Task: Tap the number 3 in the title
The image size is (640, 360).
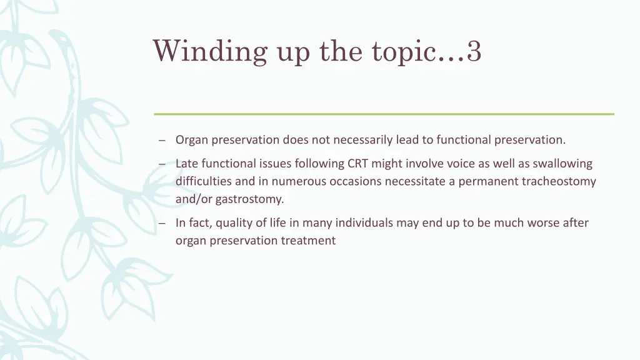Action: click(x=474, y=51)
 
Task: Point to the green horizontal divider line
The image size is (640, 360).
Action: click(x=384, y=114)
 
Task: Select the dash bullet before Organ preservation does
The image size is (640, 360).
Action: click(x=162, y=141)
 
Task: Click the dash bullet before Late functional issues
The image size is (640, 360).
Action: click(x=162, y=164)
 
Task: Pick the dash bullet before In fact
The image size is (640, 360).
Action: click(x=162, y=223)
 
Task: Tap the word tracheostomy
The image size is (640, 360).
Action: click(x=559, y=182)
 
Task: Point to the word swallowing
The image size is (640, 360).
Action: click(x=562, y=164)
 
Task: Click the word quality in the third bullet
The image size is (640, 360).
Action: click(x=232, y=223)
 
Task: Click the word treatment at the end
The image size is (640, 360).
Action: click(x=308, y=241)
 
